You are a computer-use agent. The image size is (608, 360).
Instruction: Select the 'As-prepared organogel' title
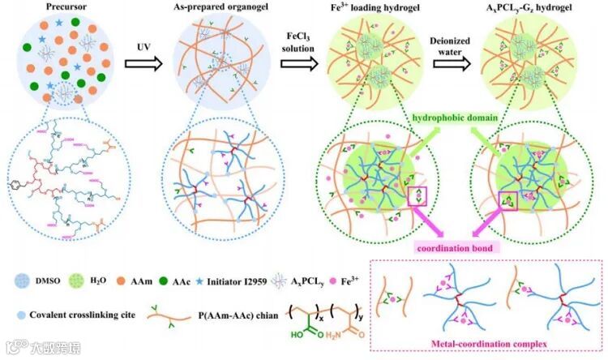pyautogui.click(x=208, y=9)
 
